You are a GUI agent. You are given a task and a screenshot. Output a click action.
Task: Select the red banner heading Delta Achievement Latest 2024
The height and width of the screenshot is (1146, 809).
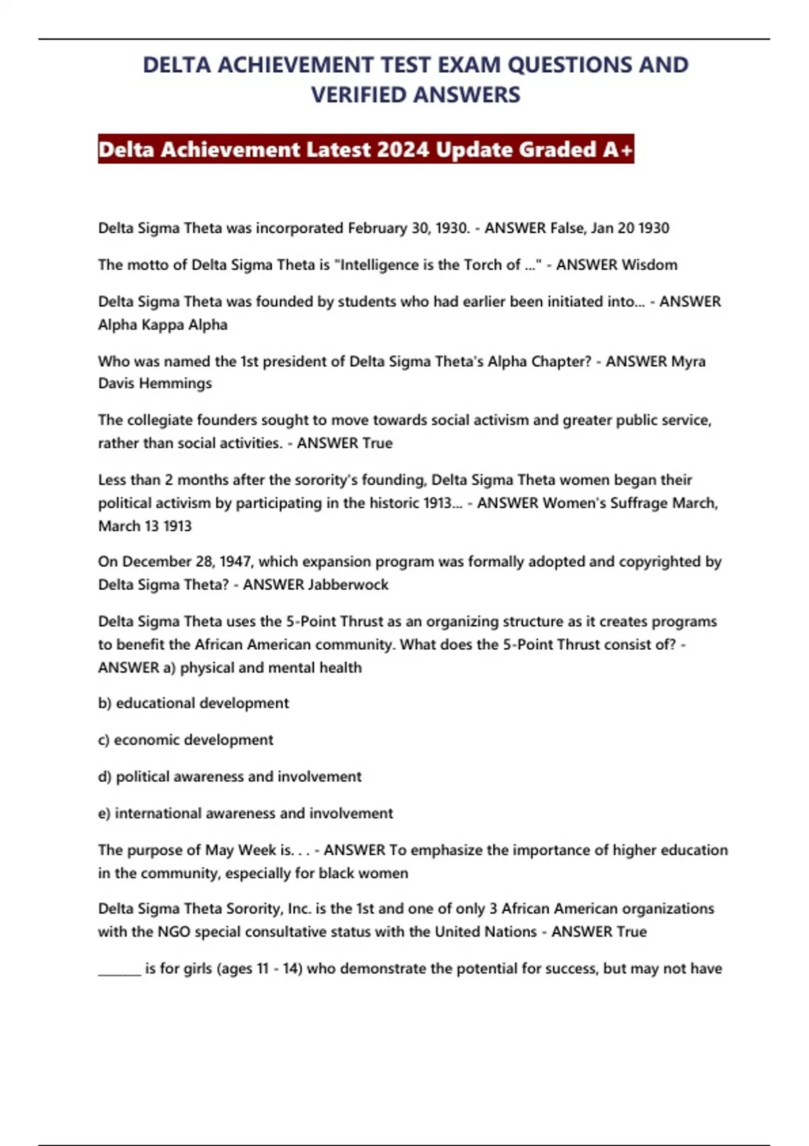365,149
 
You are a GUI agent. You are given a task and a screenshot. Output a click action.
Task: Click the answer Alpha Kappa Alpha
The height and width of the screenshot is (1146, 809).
162,325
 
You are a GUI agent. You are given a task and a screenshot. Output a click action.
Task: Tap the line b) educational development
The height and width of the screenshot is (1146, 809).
193,703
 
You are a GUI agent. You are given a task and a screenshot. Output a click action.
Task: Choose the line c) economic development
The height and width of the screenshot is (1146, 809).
185,740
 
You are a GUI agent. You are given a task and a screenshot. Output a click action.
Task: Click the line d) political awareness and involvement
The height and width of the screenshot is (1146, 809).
230,777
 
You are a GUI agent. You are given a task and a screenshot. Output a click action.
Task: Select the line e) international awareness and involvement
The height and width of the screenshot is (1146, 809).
245,814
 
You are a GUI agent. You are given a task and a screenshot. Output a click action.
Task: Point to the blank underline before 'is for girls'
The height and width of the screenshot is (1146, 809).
119,971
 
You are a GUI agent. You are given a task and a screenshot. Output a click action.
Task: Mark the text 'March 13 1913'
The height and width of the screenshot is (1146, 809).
145,526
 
